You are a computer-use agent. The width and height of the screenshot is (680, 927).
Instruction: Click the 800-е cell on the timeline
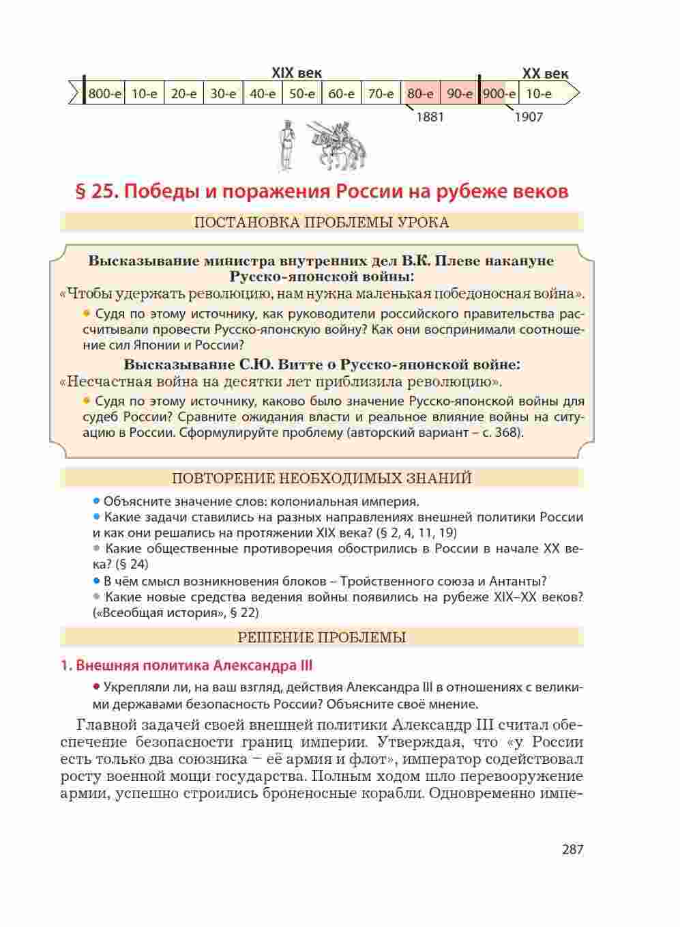point(104,94)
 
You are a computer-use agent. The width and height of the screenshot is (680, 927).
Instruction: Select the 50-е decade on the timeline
point(301,94)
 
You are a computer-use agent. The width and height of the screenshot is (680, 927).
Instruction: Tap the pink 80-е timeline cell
point(420,94)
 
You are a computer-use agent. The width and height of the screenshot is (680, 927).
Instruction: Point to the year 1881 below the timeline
point(430,117)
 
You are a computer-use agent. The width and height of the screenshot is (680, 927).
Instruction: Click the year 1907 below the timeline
point(529,117)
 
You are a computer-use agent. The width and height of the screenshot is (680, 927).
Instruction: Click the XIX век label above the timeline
point(297,73)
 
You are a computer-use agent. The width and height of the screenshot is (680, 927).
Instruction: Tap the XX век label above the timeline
point(545,74)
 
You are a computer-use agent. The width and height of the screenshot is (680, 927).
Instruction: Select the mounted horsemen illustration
point(338,145)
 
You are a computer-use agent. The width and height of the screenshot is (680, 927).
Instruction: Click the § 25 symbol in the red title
point(93,191)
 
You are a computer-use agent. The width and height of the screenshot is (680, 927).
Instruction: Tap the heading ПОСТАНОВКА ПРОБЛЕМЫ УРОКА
point(321,223)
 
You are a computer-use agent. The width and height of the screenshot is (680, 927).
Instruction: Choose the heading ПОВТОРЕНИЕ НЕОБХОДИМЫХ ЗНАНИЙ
point(321,478)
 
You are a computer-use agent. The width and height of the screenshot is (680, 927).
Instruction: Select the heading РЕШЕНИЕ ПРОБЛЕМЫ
point(321,638)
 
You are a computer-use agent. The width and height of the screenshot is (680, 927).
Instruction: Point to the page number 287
point(572,849)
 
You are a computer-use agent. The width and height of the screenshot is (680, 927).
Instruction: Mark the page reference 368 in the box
point(509,433)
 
